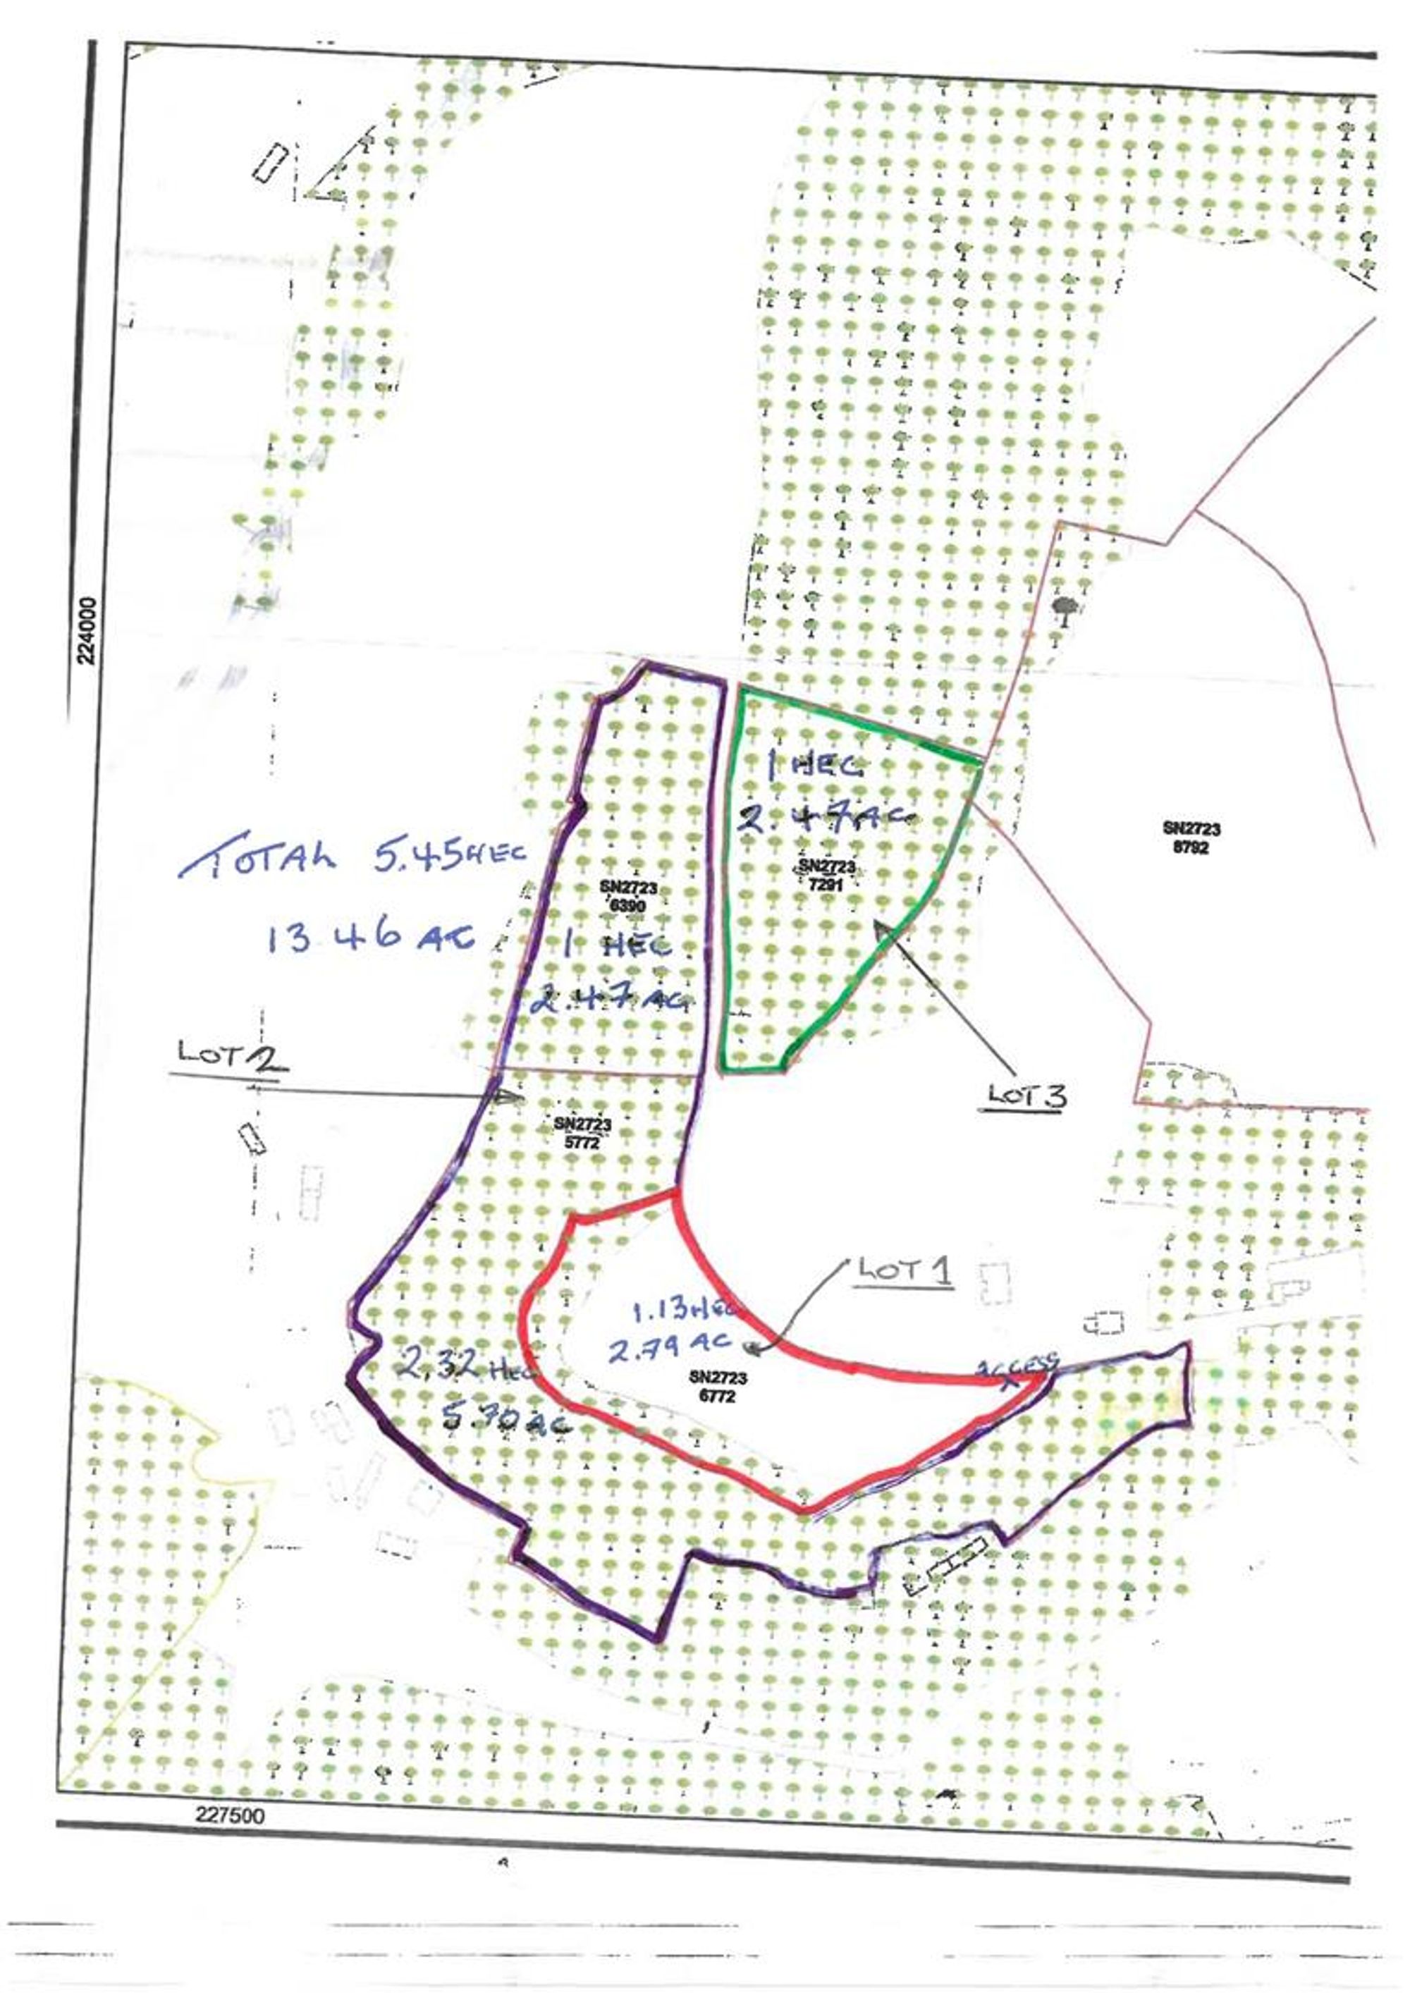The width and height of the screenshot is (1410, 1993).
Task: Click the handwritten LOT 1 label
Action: [904, 1273]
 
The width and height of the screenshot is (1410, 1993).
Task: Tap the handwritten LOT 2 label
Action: [231, 1054]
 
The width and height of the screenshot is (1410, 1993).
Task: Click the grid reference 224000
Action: [86, 630]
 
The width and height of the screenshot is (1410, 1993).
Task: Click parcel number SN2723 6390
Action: [627, 895]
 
